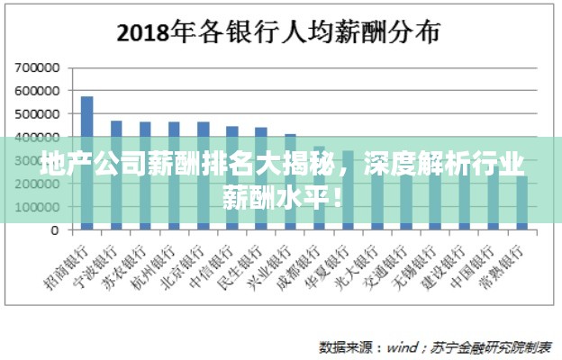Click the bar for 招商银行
coord(87,162)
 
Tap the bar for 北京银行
coord(203,175)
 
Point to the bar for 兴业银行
coord(290,181)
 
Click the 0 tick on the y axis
coord(54,230)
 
